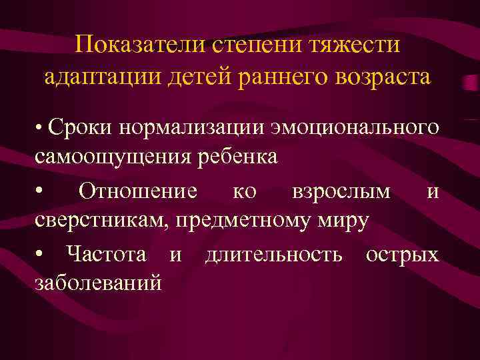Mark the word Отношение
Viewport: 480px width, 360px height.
coord(137,191)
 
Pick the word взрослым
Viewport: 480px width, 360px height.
coord(341,191)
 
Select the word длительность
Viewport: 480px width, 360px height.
coord(275,254)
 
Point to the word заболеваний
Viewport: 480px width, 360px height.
coord(97,284)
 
